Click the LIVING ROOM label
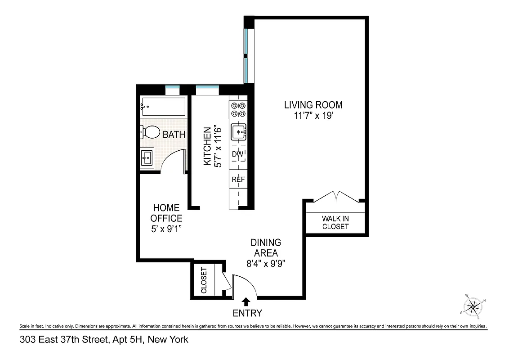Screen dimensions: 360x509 point(313,105)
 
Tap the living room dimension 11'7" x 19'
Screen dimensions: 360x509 point(313,116)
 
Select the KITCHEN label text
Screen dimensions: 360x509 point(207,146)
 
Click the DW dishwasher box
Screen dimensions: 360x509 point(238,154)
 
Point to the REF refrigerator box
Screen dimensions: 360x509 point(238,179)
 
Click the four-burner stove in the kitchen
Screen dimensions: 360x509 point(238,110)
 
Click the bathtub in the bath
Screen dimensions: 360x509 point(162,107)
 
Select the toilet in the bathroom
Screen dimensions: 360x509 point(150,132)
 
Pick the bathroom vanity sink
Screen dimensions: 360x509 point(147,158)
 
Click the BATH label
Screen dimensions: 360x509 point(174,134)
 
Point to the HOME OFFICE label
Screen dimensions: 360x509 point(166,213)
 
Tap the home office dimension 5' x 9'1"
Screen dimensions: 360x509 point(166,229)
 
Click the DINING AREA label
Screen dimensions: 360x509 point(266,247)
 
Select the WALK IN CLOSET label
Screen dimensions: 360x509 point(335,222)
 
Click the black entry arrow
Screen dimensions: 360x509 point(246,302)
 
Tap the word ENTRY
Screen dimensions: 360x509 point(247,313)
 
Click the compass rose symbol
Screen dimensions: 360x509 point(473,307)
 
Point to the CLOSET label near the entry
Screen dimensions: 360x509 point(204,280)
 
